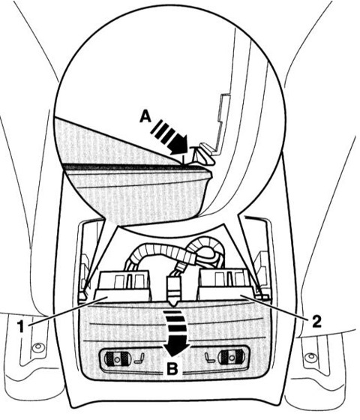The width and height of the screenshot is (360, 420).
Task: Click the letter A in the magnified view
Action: click(145, 117)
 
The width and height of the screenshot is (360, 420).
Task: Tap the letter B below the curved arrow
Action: click(172, 369)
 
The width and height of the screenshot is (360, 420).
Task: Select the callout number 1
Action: click(21, 327)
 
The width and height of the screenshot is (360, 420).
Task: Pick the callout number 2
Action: click(316, 321)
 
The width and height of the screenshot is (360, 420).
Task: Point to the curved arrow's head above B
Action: click(175, 349)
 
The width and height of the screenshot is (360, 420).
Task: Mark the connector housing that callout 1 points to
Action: click(122, 286)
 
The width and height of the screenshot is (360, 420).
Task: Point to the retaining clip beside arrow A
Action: click(204, 154)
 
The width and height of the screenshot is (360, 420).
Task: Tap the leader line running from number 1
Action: click(67, 310)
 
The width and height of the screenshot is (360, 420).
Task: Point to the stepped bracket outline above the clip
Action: click(221, 121)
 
